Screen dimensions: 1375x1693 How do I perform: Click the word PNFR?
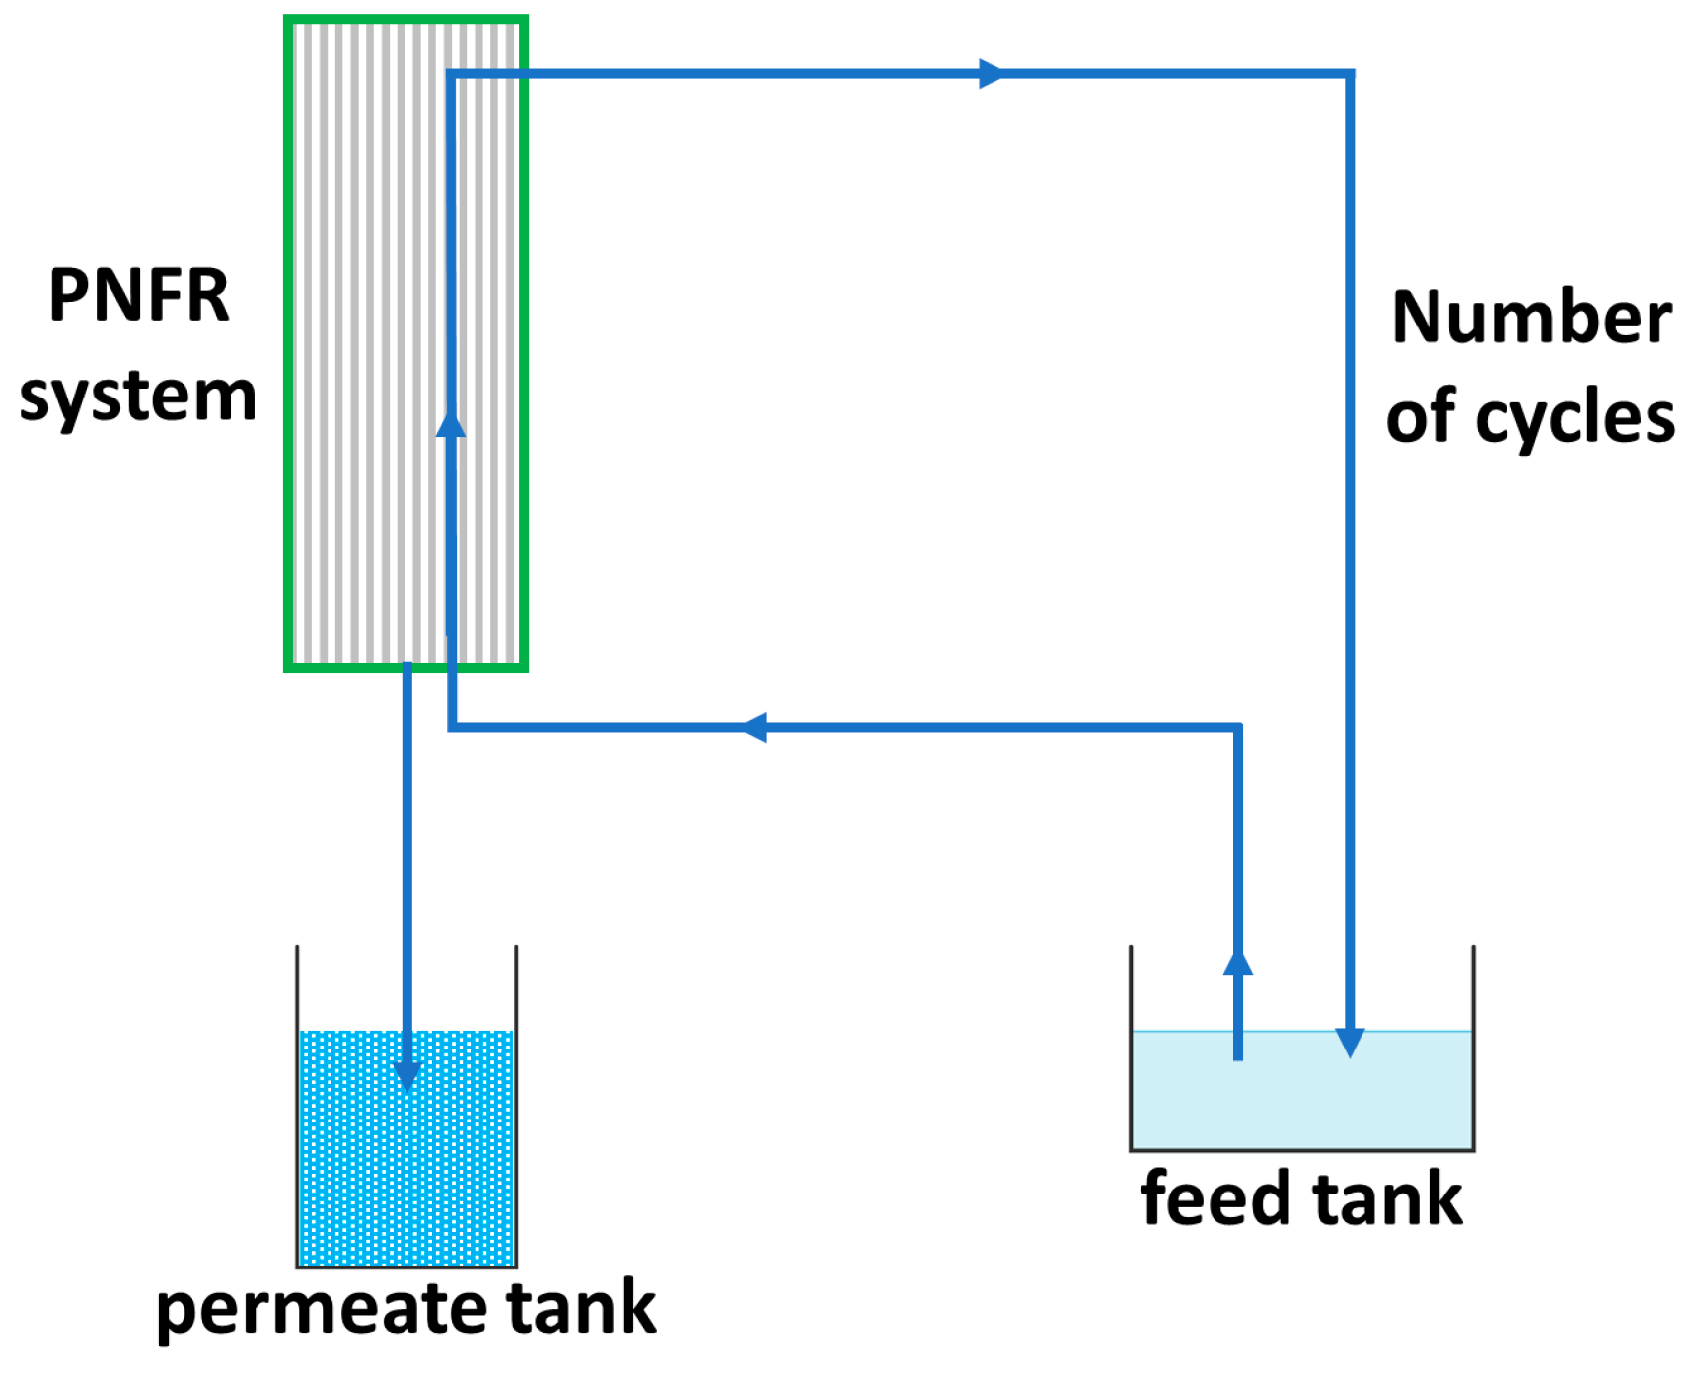coord(138,296)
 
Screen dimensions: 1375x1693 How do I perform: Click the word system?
coord(138,397)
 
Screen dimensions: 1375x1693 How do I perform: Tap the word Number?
coord(1531,318)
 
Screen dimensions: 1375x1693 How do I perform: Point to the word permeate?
coord(323,1309)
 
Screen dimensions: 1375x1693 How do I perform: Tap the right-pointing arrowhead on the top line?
coord(991,73)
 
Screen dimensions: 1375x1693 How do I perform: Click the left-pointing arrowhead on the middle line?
coord(754,728)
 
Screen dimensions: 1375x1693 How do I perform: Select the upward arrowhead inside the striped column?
coord(451,424)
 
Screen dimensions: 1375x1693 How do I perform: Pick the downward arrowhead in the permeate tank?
coord(406,1075)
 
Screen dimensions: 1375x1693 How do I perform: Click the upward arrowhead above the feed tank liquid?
coord(1238,964)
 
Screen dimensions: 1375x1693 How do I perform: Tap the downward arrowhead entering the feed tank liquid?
coord(1350,1042)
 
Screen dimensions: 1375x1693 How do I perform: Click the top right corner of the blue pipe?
coord(1350,74)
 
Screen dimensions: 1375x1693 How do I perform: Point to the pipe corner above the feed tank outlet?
coord(1237,729)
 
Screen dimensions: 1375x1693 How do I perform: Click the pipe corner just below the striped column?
coord(452,728)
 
